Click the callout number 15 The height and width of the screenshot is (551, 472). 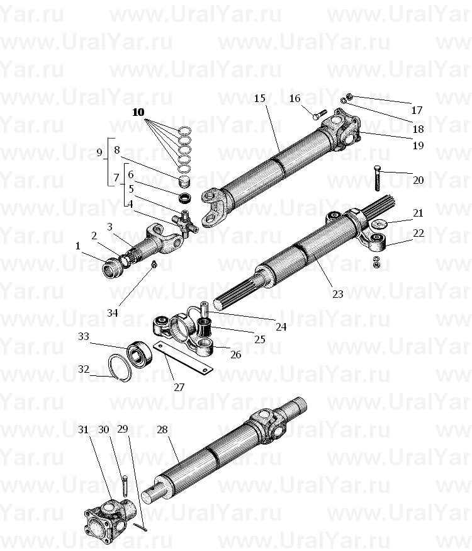click(259, 98)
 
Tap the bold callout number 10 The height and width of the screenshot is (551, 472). click(138, 112)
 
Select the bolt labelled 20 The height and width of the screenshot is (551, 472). click(378, 178)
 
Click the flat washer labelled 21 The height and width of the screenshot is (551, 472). click(379, 224)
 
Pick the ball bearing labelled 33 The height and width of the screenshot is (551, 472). click(140, 354)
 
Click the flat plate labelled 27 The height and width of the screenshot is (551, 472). click(183, 358)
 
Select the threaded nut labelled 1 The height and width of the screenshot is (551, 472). click(112, 268)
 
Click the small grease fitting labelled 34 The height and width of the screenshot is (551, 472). click(153, 264)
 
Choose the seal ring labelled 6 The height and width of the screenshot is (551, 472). click(185, 198)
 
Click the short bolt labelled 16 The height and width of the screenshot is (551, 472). click(319, 115)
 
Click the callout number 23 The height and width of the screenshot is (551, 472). click(337, 294)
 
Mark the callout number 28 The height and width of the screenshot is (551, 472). click(162, 429)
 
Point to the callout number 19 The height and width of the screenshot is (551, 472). click(418, 145)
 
